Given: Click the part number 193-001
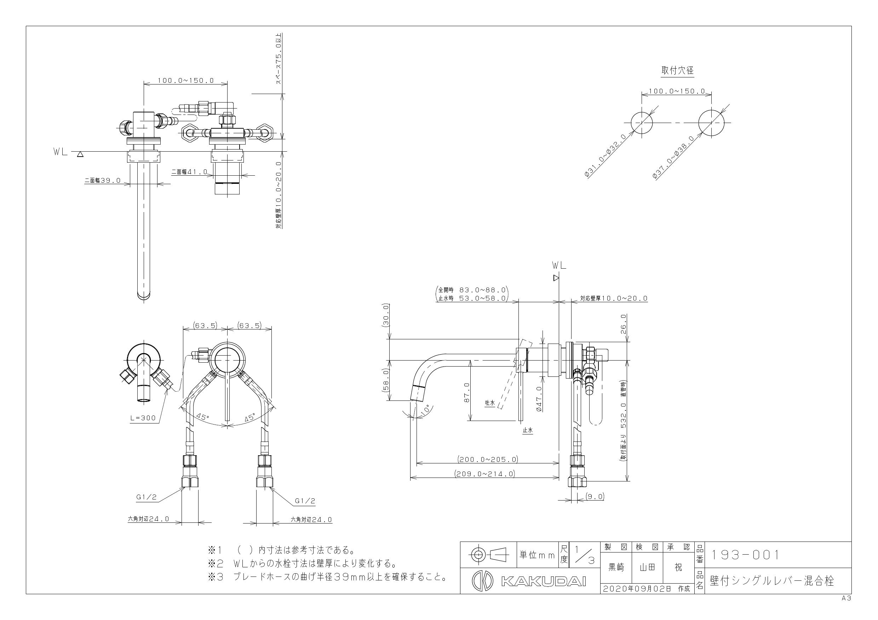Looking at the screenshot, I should tap(744, 555).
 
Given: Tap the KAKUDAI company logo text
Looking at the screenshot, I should tap(543, 581).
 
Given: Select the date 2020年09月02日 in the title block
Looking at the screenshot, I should tap(637, 589).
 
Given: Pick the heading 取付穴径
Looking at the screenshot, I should tap(677, 71).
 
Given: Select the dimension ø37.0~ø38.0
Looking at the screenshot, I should tap(673, 157).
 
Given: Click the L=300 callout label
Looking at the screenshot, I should tap(143, 418).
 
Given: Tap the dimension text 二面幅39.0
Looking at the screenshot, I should tap(103, 180).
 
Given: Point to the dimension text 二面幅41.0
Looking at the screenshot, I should tap(189, 172).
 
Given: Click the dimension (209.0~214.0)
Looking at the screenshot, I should tap(484, 474).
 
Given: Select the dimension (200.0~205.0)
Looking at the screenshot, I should tap(488, 459).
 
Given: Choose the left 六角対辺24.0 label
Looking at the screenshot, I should tap(148, 519).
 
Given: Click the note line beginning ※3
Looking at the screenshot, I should tap(328, 577).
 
